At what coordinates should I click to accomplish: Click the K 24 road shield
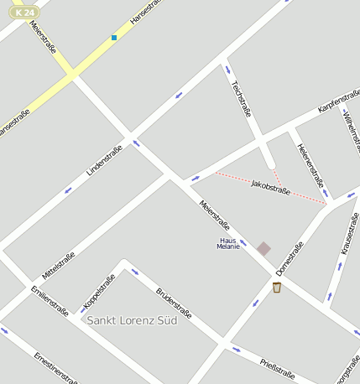pos(26,13)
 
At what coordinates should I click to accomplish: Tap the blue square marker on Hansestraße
pos(114,37)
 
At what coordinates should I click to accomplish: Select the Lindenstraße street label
pos(104,160)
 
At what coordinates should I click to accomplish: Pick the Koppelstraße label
pos(99,291)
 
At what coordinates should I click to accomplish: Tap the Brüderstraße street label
pos(174,303)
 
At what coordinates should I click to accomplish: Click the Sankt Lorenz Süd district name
pos(132,320)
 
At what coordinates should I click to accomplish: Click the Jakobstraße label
pos(270,186)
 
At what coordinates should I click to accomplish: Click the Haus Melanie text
pos(228,243)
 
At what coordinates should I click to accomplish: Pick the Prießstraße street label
pos(277,368)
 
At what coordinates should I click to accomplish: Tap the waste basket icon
pos(277,288)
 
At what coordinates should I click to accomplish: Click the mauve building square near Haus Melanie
pos(263,248)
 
